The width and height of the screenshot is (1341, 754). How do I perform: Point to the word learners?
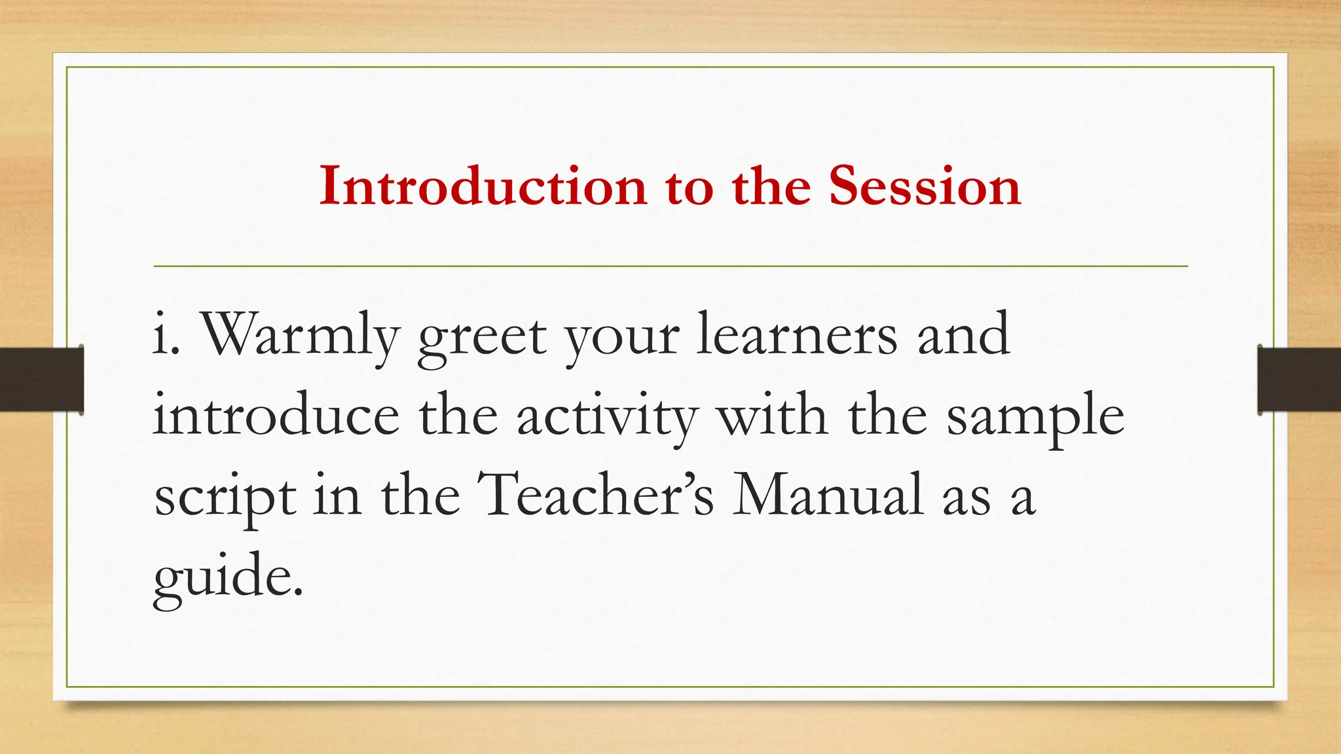pyautogui.click(x=796, y=335)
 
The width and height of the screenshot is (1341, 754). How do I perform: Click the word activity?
pyautogui.click(x=608, y=417)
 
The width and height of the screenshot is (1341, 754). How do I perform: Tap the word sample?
pyautogui.click(x=1035, y=417)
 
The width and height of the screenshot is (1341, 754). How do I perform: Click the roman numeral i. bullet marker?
pyautogui.click(x=166, y=335)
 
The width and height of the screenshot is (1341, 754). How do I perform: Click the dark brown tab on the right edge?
pyautogui.click(x=1298, y=380)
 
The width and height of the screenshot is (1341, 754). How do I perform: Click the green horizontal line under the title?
pyautogui.click(x=670, y=266)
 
